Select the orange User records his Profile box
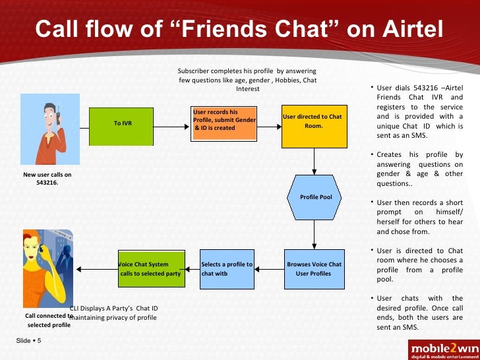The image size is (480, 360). pos(224,123)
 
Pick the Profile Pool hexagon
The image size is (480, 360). pos(314,197)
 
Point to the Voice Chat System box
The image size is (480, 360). pos(150,269)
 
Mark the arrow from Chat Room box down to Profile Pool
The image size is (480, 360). pos(314,160)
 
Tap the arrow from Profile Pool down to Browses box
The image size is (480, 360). pos(314,233)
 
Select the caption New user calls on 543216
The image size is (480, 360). pos(47,179)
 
